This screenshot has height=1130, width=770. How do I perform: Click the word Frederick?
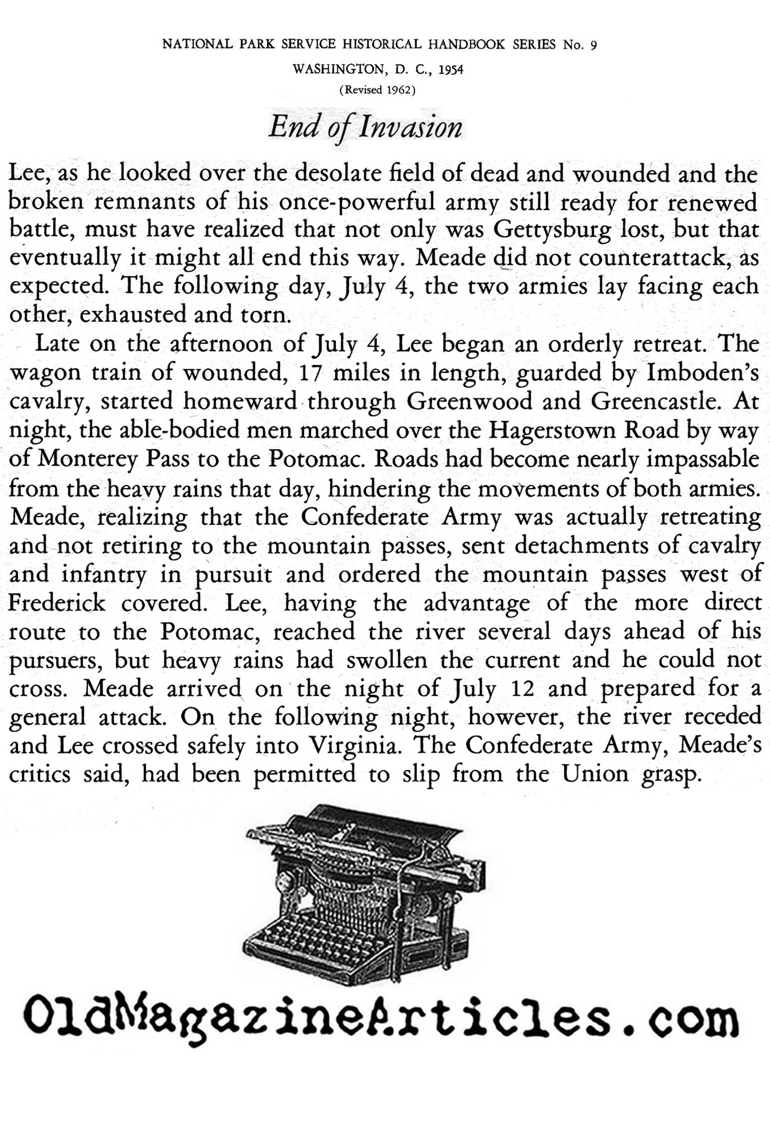click(x=57, y=603)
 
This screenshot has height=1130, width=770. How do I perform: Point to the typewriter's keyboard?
click(x=313, y=938)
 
